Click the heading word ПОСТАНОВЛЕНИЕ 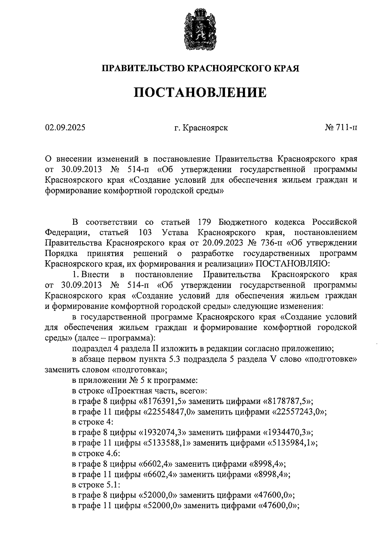pyautogui.click(x=200, y=93)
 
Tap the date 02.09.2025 pyautogui.click(x=65, y=128)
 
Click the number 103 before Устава pyautogui.click(x=145, y=232)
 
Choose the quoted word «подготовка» pyautogui.click(x=140, y=370)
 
